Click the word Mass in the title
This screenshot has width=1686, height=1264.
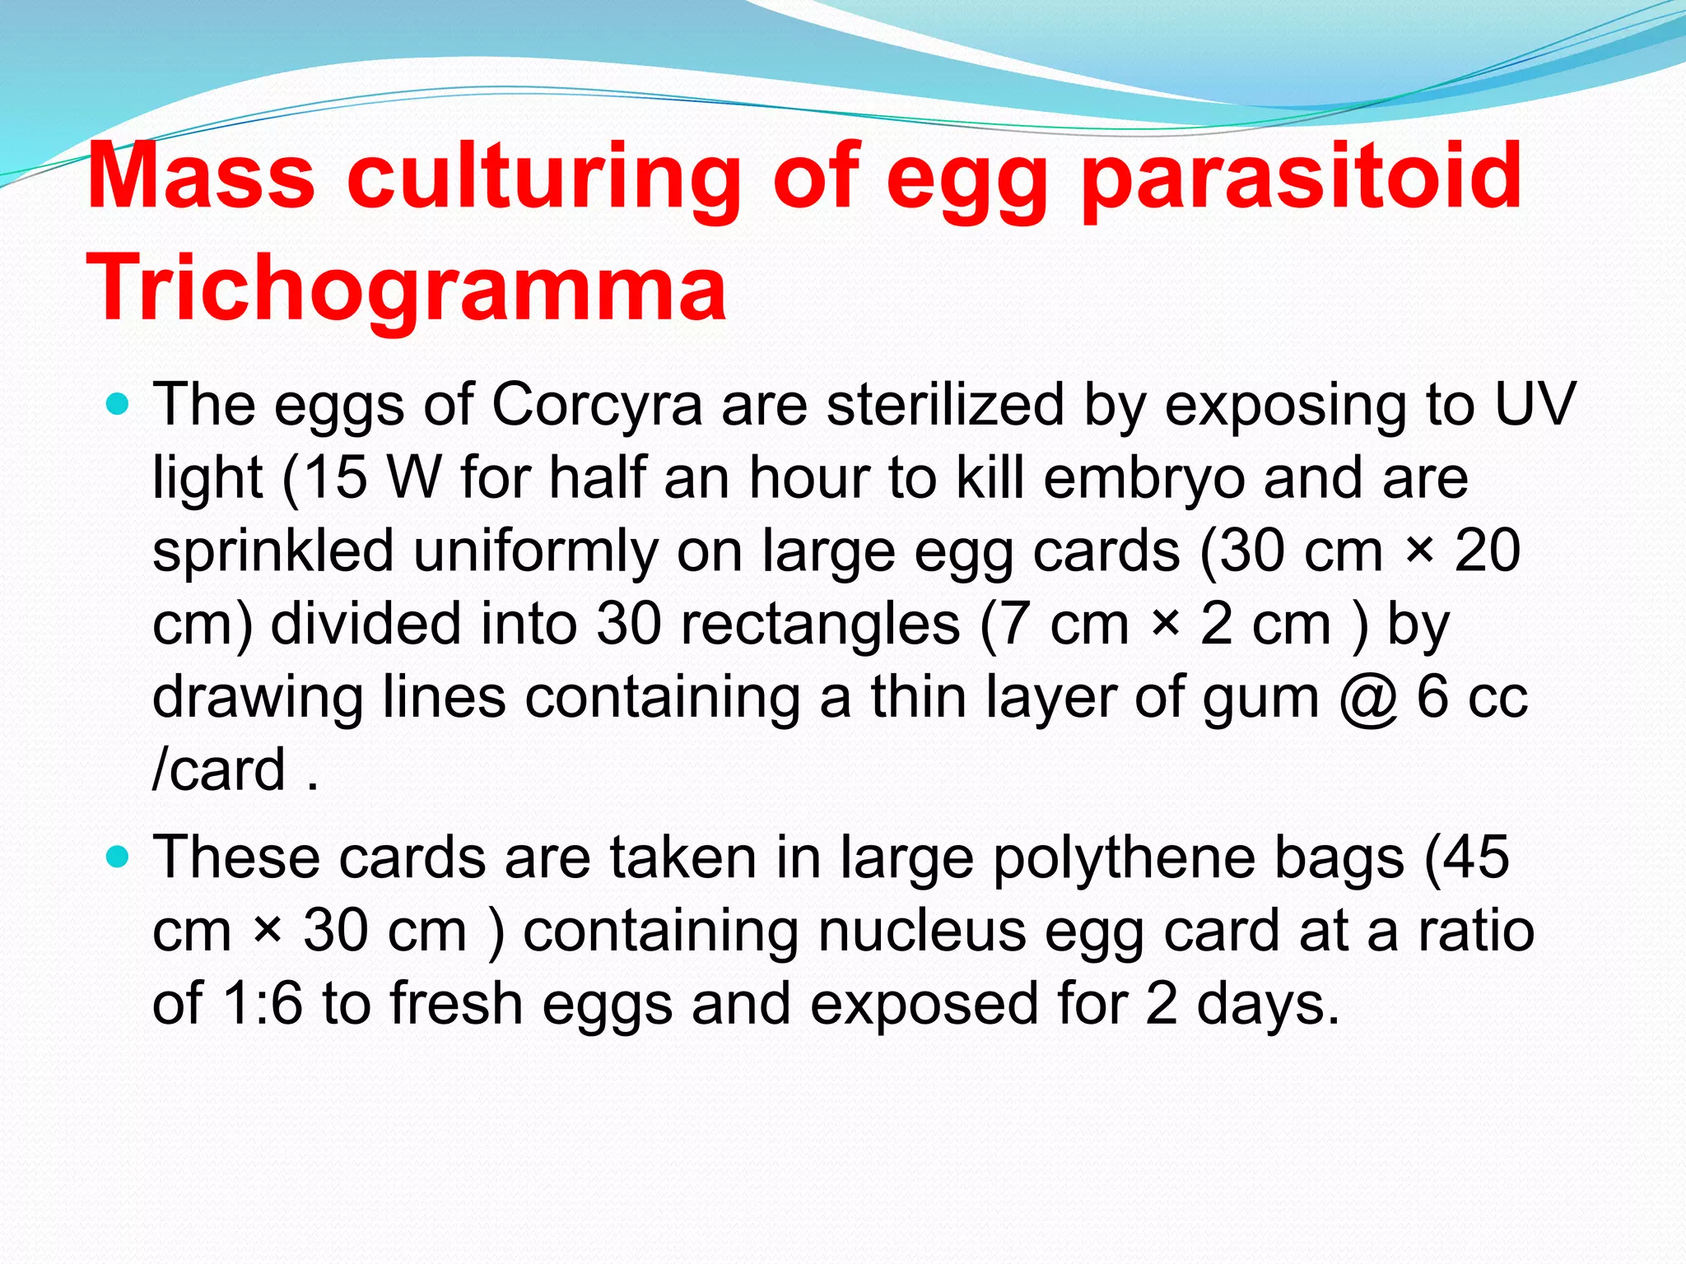[x=201, y=176]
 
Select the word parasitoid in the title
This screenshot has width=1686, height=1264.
[x=1301, y=176]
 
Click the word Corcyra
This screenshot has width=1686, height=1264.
[x=598, y=405]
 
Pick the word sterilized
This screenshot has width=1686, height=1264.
[x=946, y=405]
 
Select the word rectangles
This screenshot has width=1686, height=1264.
[x=820, y=624]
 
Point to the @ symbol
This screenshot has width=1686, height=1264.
[x=1368, y=698]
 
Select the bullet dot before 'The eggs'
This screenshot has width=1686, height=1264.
[x=119, y=404]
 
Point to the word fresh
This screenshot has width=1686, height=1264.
[x=457, y=1004]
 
